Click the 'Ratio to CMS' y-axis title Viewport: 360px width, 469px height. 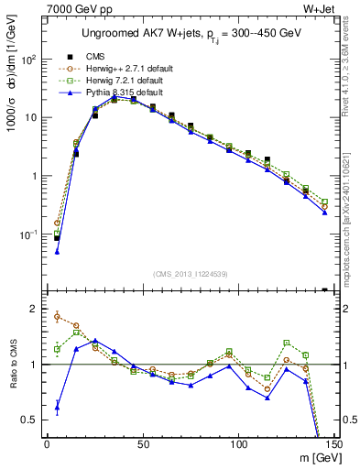[x=13, y=365]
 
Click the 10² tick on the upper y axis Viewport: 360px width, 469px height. [x=30, y=60]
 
